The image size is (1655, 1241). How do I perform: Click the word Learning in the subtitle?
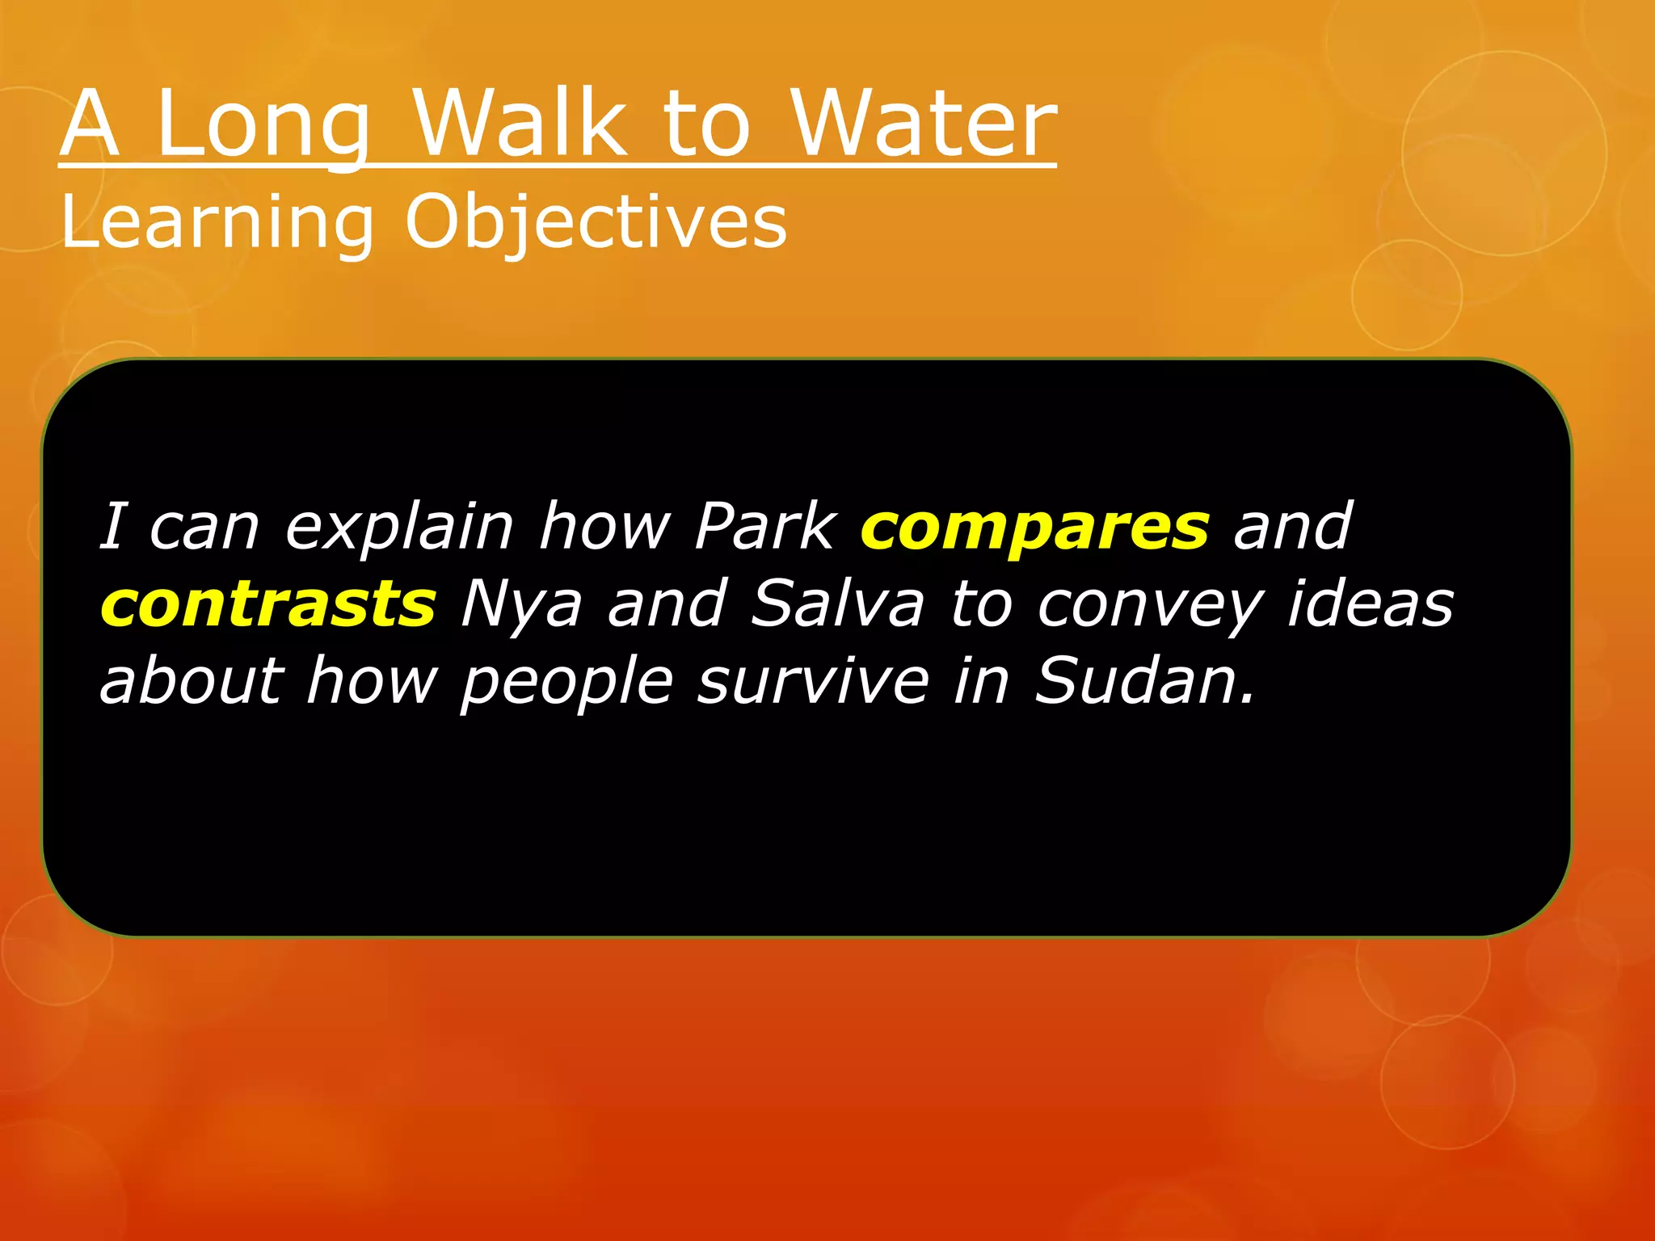coord(217,223)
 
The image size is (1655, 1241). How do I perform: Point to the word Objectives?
coord(596,223)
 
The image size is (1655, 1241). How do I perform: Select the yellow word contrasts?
coord(268,604)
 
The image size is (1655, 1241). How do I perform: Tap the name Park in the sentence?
coord(765,527)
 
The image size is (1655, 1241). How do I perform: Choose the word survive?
coord(813,682)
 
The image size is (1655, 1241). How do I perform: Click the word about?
coord(192,680)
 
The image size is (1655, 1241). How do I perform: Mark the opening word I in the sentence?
coord(113,527)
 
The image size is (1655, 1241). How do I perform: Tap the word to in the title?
coord(706,124)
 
